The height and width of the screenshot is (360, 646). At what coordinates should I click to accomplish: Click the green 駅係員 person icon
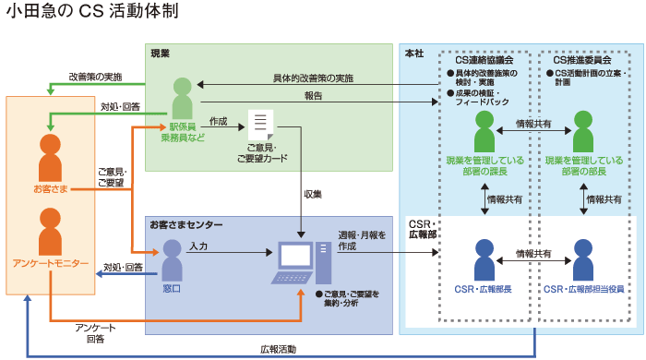tap(181, 98)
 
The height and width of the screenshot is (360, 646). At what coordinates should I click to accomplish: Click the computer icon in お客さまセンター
tap(301, 261)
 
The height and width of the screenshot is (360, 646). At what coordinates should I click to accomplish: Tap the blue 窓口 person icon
tap(173, 259)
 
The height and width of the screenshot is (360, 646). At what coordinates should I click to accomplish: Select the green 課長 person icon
tap(485, 131)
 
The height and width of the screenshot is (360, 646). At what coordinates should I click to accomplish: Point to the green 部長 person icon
tap(582, 131)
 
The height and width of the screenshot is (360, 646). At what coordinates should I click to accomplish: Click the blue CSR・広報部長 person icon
tap(485, 259)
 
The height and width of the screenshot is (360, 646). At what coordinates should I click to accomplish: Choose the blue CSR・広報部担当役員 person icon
tap(582, 259)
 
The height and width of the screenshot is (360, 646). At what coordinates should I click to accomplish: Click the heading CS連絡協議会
tap(484, 59)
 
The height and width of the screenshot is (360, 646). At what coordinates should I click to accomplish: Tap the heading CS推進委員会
tap(582, 59)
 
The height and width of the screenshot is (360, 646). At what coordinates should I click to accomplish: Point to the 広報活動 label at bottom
tap(278, 350)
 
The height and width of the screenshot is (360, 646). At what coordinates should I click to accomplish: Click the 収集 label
tap(312, 194)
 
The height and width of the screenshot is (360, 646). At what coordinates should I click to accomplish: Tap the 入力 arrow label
tap(197, 246)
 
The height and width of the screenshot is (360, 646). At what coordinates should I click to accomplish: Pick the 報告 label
tap(313, 95)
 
